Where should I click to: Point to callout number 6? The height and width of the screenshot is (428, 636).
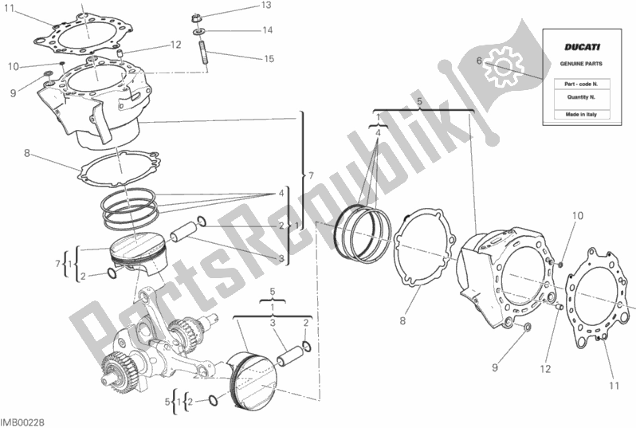click(x=478, y=60)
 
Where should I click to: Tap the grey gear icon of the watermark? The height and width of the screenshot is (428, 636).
click(x=503, y=66)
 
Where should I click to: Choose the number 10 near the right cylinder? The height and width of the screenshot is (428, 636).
click(x=577, y=215)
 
